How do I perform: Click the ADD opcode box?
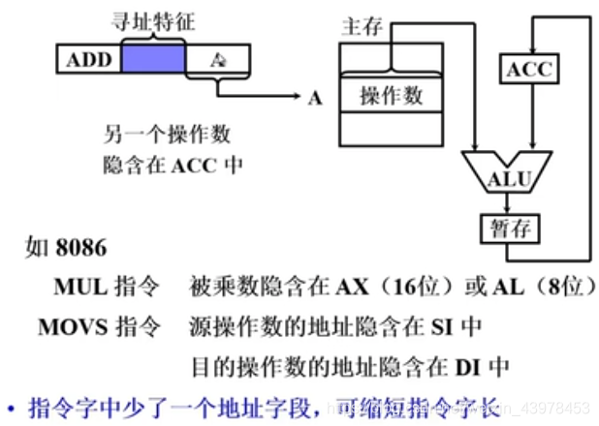tap(88, 61)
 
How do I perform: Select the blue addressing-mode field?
tap(152, 61)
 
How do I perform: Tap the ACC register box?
tap(527, 68)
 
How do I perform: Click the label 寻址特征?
tap(151, 20)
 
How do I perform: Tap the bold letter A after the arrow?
tap(315, 98)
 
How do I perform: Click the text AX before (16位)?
tap(345, 288)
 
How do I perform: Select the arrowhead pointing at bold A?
tap(296, 97)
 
